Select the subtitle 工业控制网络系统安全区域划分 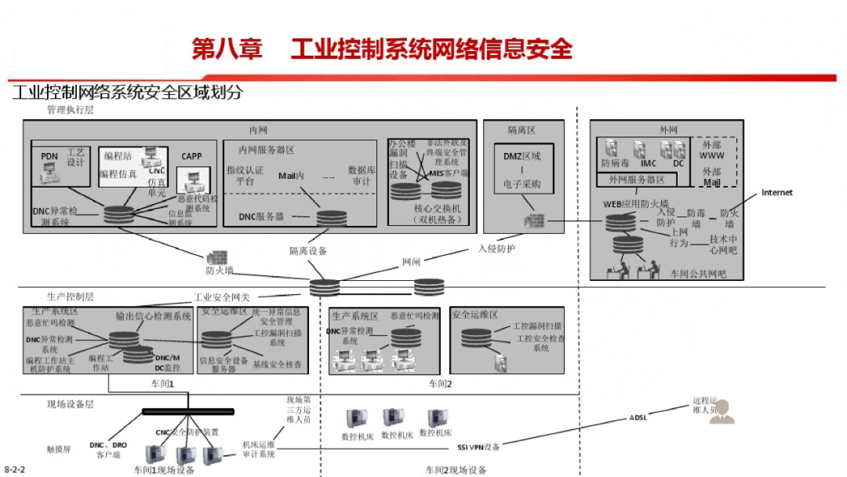[x=128, y=93]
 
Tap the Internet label [x=776, y=192]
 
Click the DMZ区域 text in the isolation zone [x=522, y=155]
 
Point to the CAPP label [x=191, y=156]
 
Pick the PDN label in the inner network [x=49, y=156]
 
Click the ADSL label [x=638, y=417]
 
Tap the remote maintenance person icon [x=721, y=412]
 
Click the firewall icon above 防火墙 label [x=216, y=257]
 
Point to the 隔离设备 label [x=307, y=251]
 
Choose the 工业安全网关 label [x=222, y=297]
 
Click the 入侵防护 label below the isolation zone [x=497, y=249]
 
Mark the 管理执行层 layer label [x=70, y=111]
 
